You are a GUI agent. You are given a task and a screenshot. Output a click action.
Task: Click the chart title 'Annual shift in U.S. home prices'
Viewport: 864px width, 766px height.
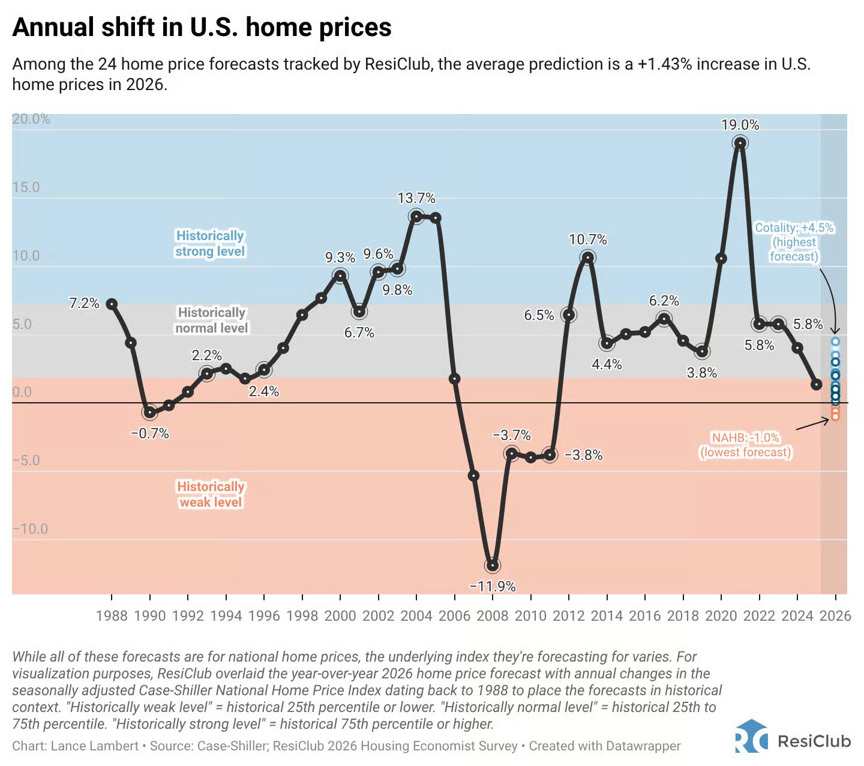(x=202, y=28)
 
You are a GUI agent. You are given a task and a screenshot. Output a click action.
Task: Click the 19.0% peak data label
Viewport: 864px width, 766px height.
(x=740, y=125)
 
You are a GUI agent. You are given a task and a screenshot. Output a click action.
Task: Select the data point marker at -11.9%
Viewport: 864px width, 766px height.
(x=493, y=565)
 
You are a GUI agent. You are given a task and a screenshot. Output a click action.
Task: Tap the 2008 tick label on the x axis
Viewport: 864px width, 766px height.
(x=493, y=615)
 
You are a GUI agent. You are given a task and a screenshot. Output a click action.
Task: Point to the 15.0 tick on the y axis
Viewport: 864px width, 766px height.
(x=26, y=187)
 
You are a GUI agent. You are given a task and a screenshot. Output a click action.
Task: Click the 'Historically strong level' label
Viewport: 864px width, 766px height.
(x=210, y=243)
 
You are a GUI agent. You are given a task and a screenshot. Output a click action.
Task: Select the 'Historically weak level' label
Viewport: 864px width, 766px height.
(x=211, y=494)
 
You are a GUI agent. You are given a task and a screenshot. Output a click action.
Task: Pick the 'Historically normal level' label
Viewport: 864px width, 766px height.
(x=212, y=320)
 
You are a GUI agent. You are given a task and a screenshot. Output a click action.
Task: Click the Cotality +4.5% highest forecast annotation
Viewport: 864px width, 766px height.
(x=794, y=242)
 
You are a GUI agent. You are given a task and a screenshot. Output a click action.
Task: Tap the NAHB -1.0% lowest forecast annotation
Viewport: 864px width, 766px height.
(x=745, y=445)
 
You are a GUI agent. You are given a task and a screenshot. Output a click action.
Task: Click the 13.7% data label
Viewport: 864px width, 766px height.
(x=416, y=198)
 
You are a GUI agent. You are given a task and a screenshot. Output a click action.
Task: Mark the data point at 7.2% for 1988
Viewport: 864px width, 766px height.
(x=112, y=304)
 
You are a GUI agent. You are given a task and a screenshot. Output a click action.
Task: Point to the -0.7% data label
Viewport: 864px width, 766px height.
(x=150, y=433)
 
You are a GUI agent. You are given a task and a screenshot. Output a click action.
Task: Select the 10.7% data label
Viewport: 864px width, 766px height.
(x=588, y=240)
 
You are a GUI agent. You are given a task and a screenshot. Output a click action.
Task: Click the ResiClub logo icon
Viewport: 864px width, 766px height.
(x=751, y=736)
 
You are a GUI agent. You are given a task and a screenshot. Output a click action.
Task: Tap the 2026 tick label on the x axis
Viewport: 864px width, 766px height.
(x=835, y=615)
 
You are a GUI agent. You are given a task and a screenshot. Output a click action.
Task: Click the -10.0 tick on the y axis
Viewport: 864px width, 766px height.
(x=30, y=529)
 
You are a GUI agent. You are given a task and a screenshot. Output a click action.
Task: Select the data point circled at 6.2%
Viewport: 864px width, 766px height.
(x=664, y=319)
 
